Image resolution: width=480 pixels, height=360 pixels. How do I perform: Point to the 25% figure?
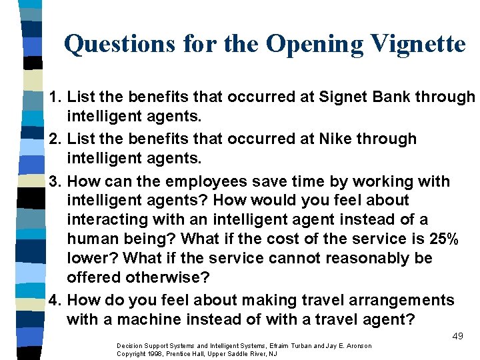point(434,239)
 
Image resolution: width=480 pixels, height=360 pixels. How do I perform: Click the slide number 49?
point(457,336)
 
